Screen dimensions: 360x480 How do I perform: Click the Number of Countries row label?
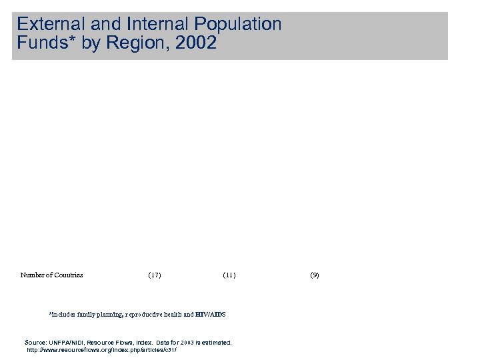coord(52,275)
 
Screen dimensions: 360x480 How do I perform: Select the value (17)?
coord(154,275)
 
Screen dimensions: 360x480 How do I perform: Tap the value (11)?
coord(229,275)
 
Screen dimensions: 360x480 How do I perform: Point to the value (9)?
coord(315,275)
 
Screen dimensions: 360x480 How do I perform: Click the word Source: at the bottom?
coord(35,342)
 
